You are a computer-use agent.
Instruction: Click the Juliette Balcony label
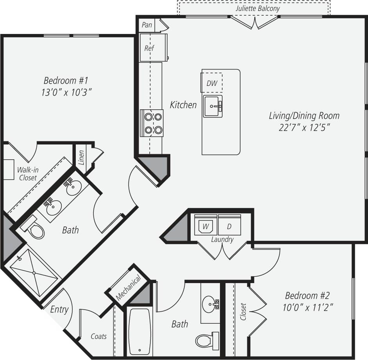[x=257, y=8]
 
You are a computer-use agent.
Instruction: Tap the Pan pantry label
[x=147, y=25]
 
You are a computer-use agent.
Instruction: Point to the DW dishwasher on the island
[x=212, y=83]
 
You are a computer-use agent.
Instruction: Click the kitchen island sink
[x=213, y=106]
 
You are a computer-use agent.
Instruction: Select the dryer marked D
[x=230, y=226]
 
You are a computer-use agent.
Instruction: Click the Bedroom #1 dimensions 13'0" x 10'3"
[x=66, y=92]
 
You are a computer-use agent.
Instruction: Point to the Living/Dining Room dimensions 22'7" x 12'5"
[x=304, y=128]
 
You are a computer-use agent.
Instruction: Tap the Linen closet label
[x=81, y=157]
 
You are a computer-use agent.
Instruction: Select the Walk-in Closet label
[x=28, y=174]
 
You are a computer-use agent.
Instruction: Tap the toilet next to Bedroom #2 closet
[x=206, y=340]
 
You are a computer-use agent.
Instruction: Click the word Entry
[x=59, y=310]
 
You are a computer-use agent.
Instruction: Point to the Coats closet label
[x=98, y=336]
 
